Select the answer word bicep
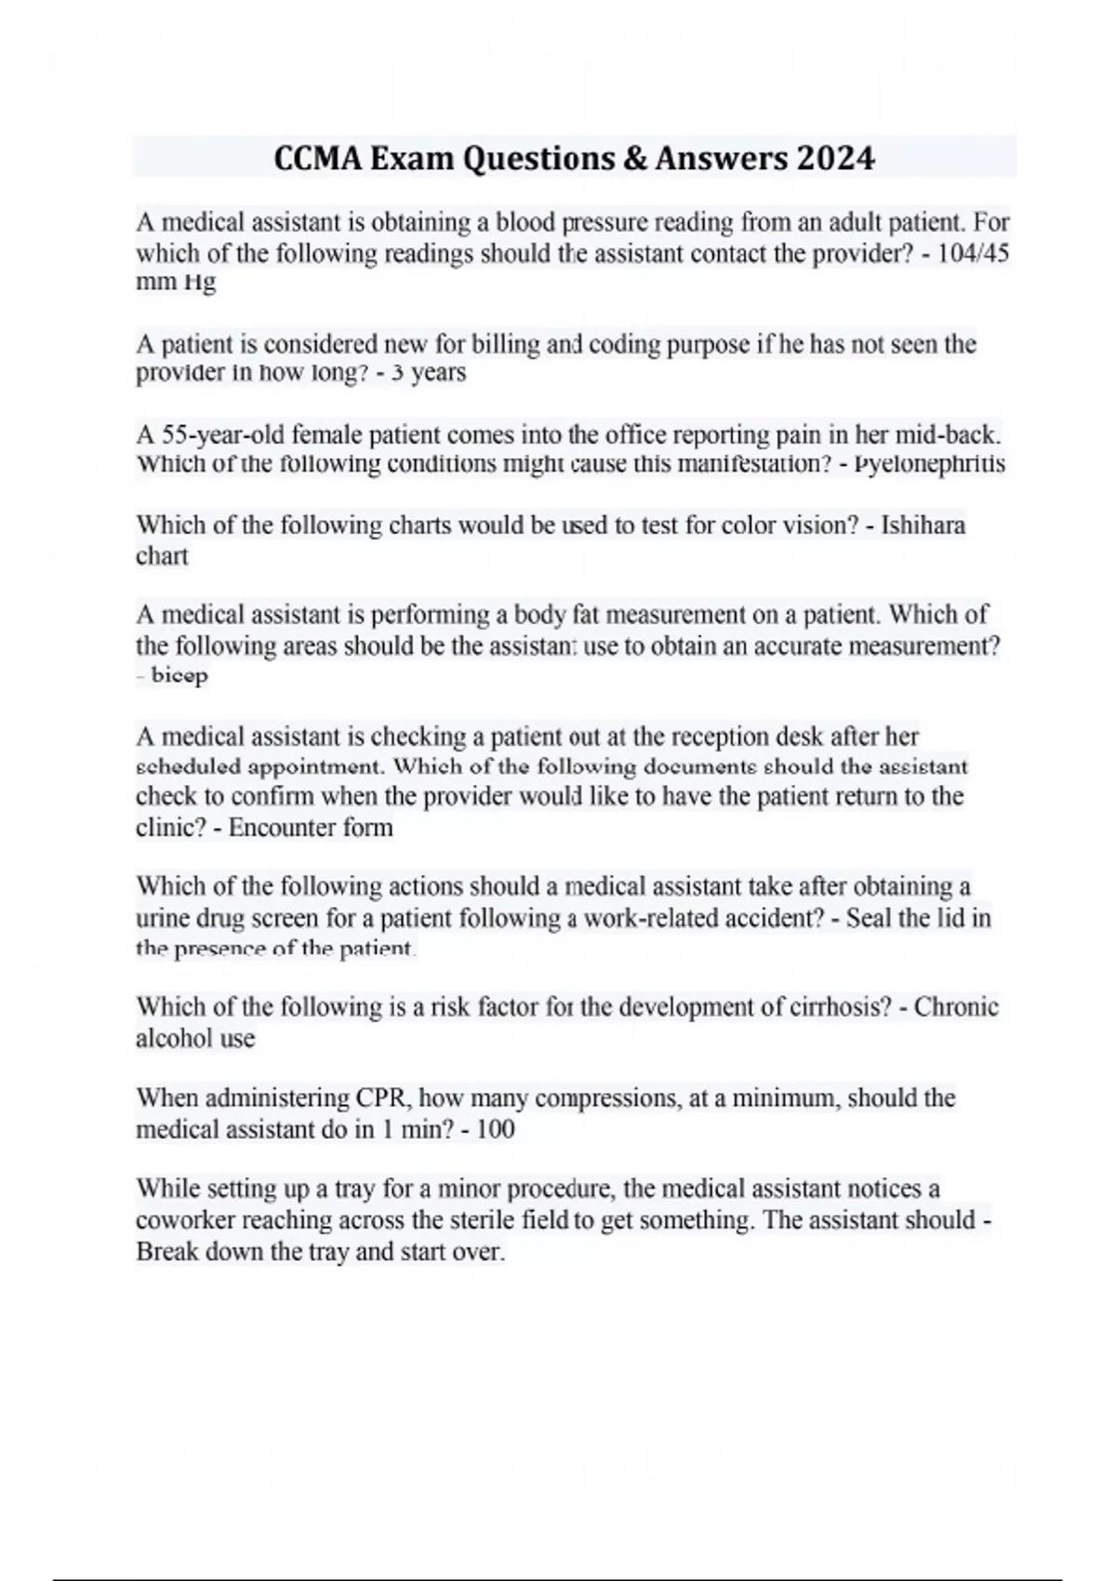179,675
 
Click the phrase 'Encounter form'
311,827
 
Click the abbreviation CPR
379,1097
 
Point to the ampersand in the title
634,158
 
